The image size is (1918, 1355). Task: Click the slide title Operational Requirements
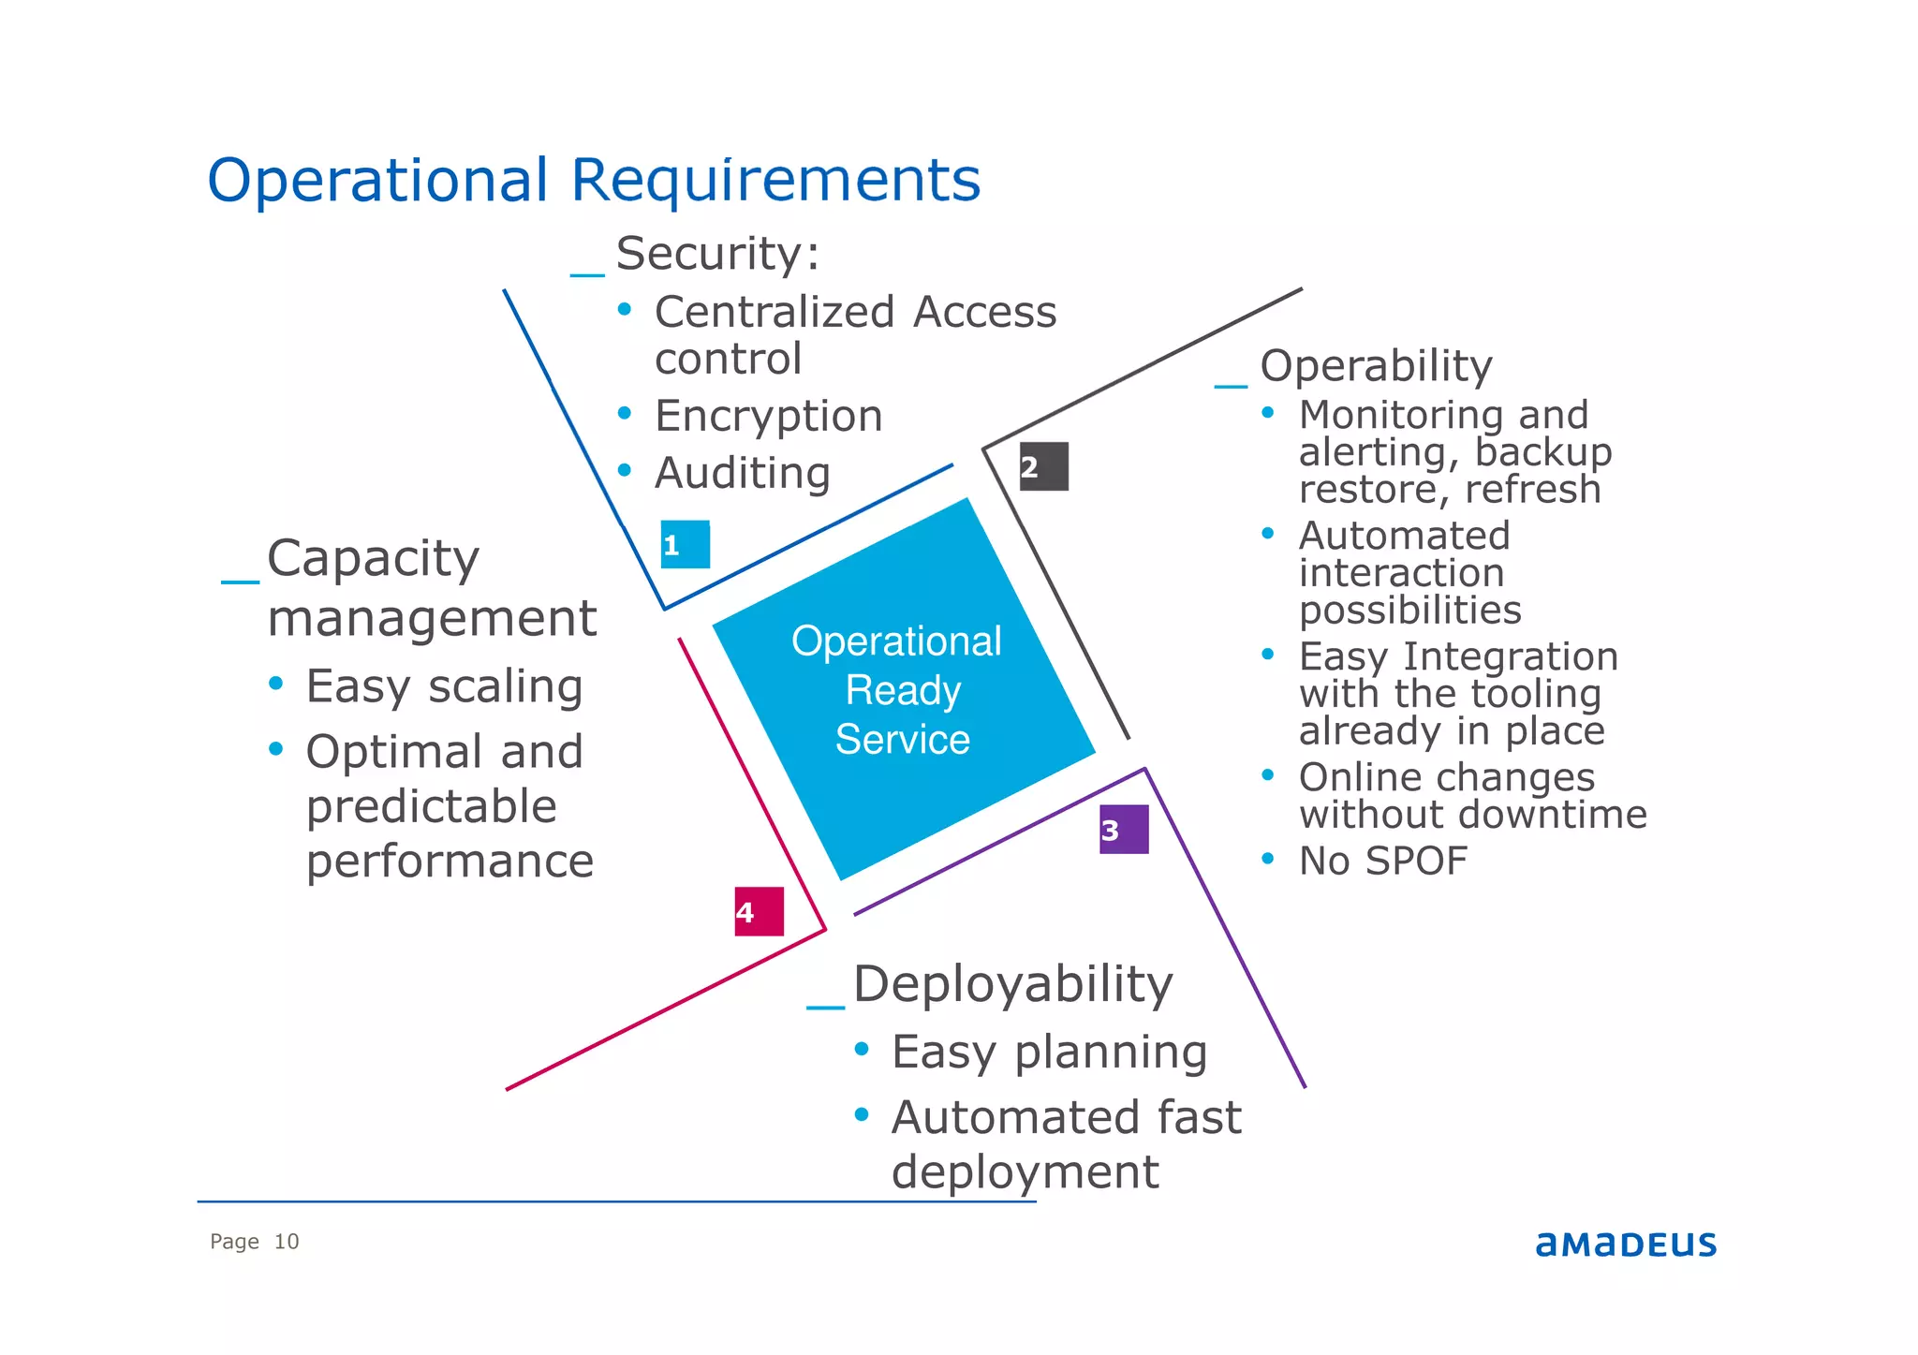coord(594,180)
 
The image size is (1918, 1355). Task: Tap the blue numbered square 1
coord(685,544)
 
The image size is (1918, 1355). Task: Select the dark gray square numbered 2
coord(1043,466)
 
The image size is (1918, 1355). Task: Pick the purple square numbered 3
coord(1123,830)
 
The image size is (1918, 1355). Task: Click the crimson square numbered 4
coord(759,911)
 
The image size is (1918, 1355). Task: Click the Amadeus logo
coord(1625,1244)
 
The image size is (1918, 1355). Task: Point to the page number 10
coord(286,1242)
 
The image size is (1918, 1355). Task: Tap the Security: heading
coord(717,254)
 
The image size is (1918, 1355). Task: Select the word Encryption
coord(768,416)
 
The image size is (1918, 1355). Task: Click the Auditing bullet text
coord(743,473)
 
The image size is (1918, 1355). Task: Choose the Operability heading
coord(1376,366)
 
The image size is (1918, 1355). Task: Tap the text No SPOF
coord(1382,861)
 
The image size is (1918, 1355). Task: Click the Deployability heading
coord(1012,984)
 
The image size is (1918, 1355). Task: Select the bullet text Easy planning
coord(1049,1052)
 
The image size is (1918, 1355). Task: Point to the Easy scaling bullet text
coord(444,686)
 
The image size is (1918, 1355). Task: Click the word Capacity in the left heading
coord(373,559)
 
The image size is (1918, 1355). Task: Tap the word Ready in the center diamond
coord(903,691)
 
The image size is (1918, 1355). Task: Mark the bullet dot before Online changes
coord(1267,775)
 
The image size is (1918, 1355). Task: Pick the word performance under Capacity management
coord(450,861)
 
